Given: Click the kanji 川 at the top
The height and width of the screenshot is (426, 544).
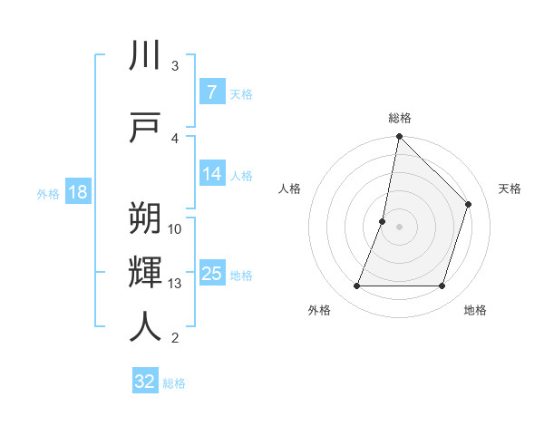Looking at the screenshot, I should click(x=145, y=56).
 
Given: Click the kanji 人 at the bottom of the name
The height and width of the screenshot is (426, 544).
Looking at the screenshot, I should click(x=145, y=325).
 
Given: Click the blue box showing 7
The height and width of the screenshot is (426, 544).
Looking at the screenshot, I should click(x=211, y=92).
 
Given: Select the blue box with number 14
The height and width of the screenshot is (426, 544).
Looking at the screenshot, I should click(x=211, y=174).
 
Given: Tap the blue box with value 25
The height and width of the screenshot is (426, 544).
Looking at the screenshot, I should click(x=211, y=274).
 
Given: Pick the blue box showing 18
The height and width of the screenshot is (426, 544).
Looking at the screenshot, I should click(x=77, y=192).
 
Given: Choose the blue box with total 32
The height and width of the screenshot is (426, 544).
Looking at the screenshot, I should click(x=145, y=382).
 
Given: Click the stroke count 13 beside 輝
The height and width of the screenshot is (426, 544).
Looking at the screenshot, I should click(x=175, y=284).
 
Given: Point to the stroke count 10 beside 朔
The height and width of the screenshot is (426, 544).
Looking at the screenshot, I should click(x=175, y=228).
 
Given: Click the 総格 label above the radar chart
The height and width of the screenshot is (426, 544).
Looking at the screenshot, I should click(x=400, y=118).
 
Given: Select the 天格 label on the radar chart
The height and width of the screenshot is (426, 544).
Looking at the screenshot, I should click(x=510, y=189).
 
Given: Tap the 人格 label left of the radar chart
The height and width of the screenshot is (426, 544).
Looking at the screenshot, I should click(x=289, y=189).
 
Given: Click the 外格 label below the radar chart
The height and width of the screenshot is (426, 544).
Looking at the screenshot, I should click(x=319, y=310).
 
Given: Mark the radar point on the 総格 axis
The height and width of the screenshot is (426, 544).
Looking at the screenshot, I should click(x=399, y=137).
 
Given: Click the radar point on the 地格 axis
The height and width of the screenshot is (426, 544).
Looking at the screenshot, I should click(x=442, y=286).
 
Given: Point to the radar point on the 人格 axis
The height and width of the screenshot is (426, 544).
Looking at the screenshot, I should click(x=383, y=221).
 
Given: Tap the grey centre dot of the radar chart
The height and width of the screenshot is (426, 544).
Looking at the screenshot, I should click(x=399, y=227).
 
